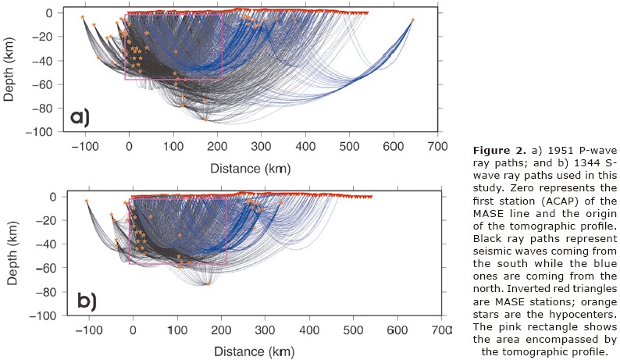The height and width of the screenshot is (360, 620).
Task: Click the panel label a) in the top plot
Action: tap(80, 117)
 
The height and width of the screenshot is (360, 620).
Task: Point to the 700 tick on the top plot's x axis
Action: tap(437, 146)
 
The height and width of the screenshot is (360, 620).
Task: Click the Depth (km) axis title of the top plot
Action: tap(9, 71)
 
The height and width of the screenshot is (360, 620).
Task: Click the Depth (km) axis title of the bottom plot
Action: tap(9, 255)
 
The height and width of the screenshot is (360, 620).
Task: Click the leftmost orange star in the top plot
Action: tap(83, 16)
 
